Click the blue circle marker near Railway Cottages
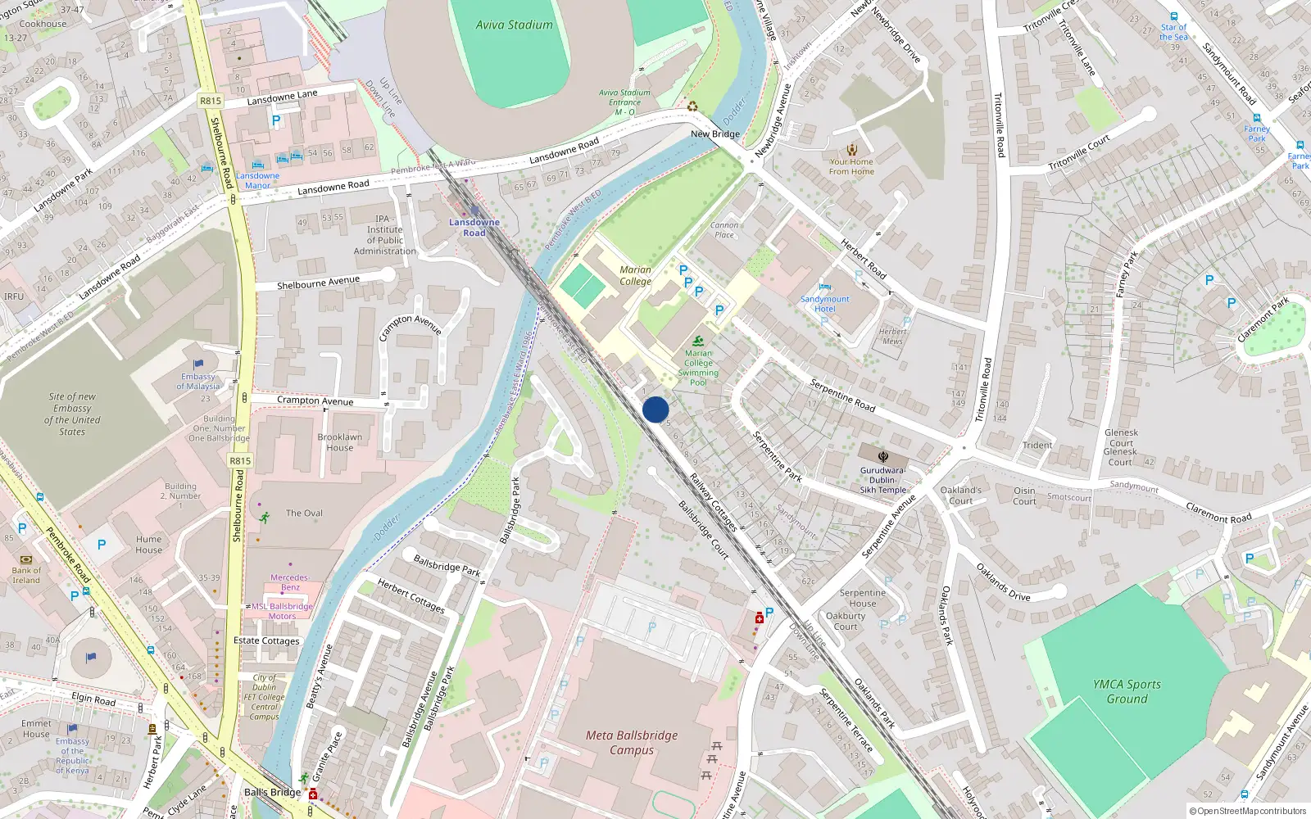(x=655, y=409)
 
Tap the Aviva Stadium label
(x=514, y=25)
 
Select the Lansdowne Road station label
(x=474, y=228)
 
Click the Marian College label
(x=635, y=275)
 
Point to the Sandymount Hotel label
(x=824, y=304)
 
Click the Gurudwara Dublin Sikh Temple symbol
(x=883, y=457)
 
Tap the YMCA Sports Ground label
(x=1127, y=691)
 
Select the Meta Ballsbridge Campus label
(x=632, y=742)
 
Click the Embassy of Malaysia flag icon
(x=198, y=364)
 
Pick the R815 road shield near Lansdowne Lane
(x=211, y=101)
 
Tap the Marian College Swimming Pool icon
(x=698, y=341)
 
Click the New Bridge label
(x=714, y=133)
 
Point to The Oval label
(x=304, y=513)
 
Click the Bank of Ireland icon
(x=25, y=559)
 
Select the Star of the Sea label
(x=1173, y=32)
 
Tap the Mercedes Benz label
(x=289, y=582)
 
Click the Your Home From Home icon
(x=852, y=150)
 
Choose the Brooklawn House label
(x=339, y=442)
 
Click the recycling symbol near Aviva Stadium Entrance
(x=692, y=106)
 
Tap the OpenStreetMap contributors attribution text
(x=1248, y=811)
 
